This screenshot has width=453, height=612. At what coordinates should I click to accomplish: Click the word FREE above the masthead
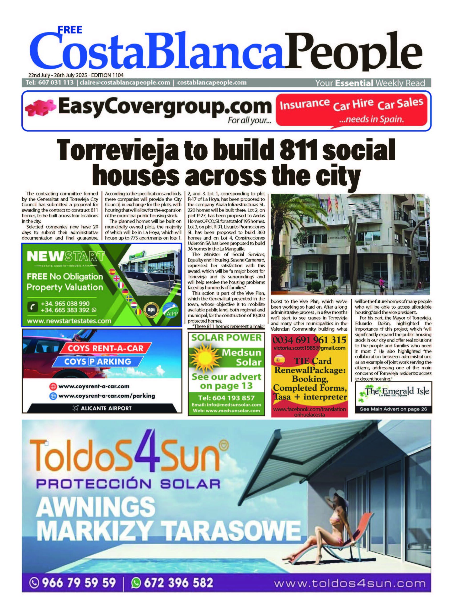[70, 30]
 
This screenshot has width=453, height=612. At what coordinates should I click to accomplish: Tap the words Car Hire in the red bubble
[353, 105]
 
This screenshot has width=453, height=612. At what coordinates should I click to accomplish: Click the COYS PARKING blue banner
[97, 361]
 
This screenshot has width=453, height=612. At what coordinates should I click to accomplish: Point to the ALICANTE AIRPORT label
[102, 408]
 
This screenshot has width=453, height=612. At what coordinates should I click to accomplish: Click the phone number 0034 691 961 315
[309, 340]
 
